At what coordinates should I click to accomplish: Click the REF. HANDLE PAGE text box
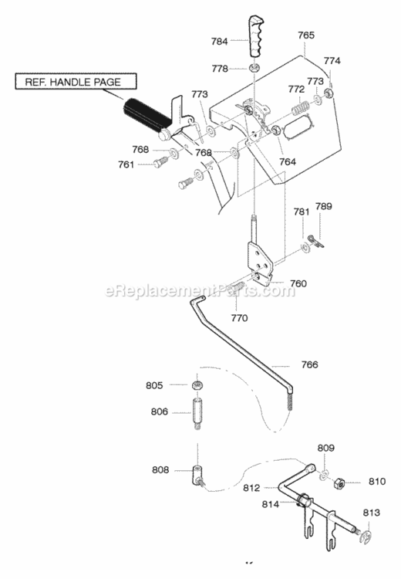[76, 81]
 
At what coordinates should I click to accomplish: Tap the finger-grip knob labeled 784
[255, 36]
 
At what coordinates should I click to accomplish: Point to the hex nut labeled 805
[197, 385]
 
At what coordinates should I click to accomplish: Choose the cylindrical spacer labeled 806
[197, 412]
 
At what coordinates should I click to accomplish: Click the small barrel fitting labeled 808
[197, 476]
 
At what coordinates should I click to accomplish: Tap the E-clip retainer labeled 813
[367, 537]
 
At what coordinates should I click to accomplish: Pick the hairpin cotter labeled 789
[315, 241]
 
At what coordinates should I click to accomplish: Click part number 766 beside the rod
[309, 364]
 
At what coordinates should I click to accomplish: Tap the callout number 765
[306, 35]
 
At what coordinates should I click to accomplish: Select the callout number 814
[271, 503]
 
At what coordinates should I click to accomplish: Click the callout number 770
[239, 317]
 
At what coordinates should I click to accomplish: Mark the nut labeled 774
[328, 93]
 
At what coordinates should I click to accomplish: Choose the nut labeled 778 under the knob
[254, 68]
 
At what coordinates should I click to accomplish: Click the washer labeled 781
[305, 247]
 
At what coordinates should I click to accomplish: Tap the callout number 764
[288, 161]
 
